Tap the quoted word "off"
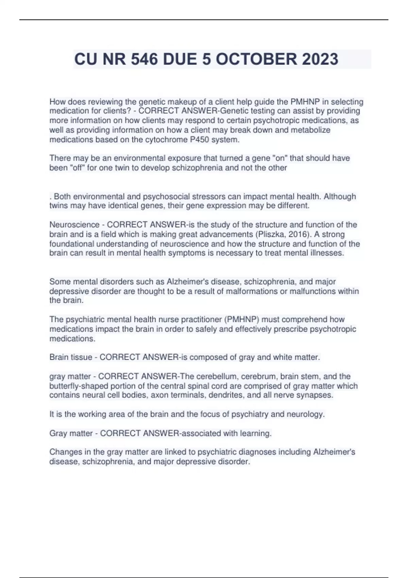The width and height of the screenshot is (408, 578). point(77,168)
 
